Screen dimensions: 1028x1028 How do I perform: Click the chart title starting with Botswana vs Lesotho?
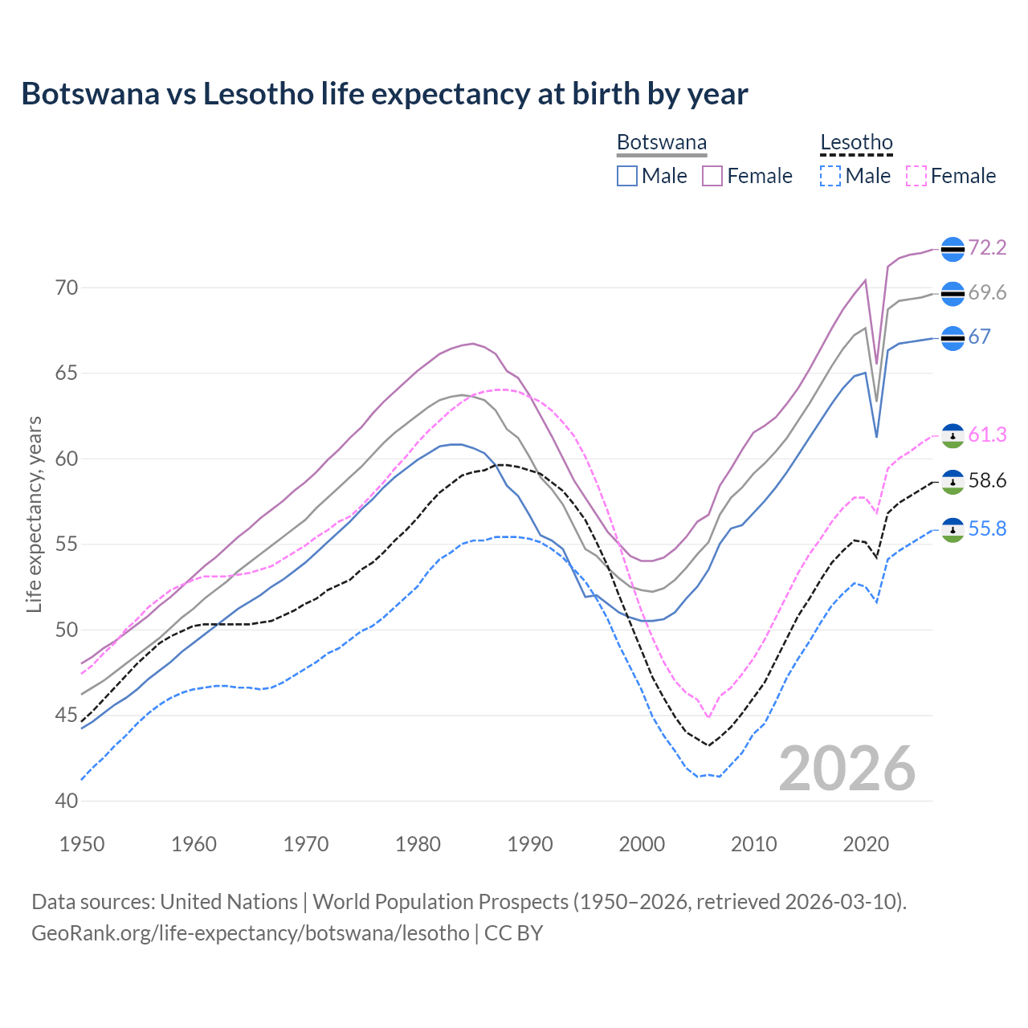point(384,94)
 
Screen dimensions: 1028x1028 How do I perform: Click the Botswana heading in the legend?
point(662,143)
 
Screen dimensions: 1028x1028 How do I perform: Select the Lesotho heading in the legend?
point(856,143)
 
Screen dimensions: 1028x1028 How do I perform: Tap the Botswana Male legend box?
point(627,176)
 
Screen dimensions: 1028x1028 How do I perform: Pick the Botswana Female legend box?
point(712,176)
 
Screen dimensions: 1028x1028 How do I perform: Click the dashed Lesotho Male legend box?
point(830,176)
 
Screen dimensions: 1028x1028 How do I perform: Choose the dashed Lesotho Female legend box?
point(916,176)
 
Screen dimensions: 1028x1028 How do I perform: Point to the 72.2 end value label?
point(987,247)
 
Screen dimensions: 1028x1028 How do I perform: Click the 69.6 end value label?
point(987,293)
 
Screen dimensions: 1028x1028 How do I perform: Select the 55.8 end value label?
point(987,528)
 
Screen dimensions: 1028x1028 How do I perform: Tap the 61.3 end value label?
point(987,434)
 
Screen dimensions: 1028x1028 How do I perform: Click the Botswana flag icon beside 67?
point(953,338)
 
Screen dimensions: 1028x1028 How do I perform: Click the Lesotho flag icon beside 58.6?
point(953,482)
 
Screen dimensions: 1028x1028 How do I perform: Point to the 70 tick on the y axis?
point(67,288)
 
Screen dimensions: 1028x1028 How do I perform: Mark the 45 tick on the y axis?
point(67,715)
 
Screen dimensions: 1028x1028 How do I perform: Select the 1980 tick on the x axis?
point(418,844)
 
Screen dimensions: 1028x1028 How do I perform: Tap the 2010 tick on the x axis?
point(753,844)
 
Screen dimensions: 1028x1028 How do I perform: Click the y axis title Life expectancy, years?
point(34,514)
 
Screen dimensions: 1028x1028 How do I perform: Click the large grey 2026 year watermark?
point(847,769)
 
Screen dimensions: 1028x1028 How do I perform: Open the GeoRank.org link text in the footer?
point(251,932)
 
